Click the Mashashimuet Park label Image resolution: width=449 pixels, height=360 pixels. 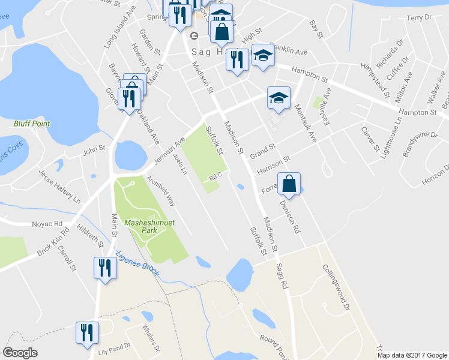149,227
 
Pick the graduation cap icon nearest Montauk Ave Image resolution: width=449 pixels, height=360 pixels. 279,98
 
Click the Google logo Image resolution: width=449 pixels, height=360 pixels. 20,353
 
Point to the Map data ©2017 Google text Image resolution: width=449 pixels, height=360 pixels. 412,355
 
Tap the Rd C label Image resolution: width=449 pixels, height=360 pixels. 216,176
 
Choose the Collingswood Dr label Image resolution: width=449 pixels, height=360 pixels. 336,288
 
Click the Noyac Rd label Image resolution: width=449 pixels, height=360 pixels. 49,224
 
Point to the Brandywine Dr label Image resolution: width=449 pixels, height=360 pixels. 420,143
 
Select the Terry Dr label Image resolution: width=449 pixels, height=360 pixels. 419,18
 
